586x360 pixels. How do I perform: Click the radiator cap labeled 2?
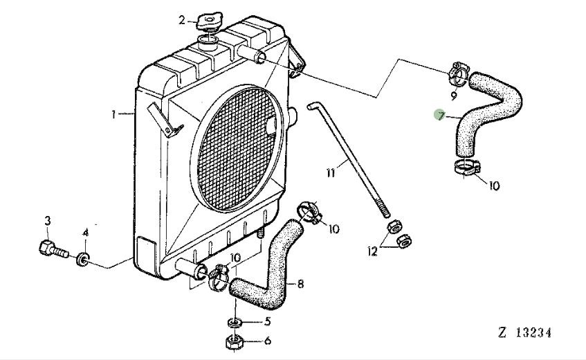210,21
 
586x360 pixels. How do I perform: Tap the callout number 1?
113,114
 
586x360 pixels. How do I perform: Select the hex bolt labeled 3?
53,249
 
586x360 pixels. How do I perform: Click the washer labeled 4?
82,259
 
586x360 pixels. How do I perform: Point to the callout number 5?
267,321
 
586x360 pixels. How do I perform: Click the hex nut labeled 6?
235,341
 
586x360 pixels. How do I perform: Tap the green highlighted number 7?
441,116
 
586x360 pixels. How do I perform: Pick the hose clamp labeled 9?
458,73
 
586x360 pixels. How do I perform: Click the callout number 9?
454,96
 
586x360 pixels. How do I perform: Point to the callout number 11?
331,173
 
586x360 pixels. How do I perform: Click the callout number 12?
373,251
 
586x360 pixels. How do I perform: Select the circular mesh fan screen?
237,148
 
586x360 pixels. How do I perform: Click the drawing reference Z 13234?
524,332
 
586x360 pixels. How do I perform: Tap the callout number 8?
300,284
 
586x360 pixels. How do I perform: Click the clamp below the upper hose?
467,166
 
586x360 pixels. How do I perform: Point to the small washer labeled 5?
234,322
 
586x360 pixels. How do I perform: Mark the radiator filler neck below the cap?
208,43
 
